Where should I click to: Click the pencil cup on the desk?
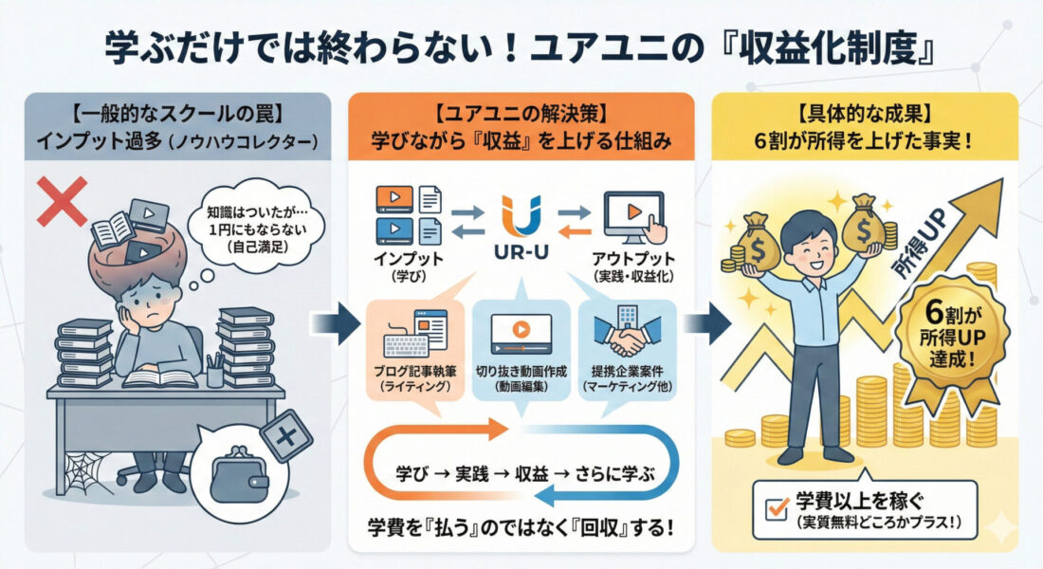[216, 372]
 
